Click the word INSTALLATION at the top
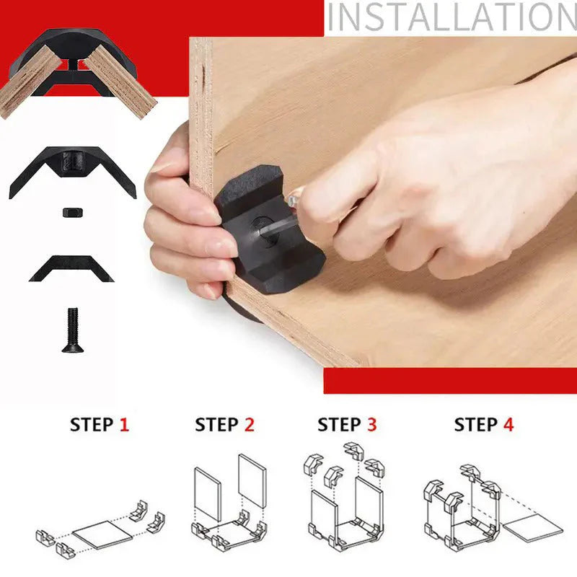(x=452, y=17)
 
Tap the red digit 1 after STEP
(x=124, y=424)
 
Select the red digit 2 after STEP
(x=250, y=424)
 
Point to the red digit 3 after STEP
(x=372, y=424)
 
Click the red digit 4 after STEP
(x=508, y=424)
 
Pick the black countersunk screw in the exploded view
(x=73, y=330)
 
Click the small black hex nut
(x=73, y=213)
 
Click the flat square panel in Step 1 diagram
(x=102, y=534)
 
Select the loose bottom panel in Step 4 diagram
(x=533, y=528)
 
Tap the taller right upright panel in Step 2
(x=252, y=481)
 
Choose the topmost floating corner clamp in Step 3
(x=353, y=451)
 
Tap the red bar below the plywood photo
(x=450, y=381)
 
